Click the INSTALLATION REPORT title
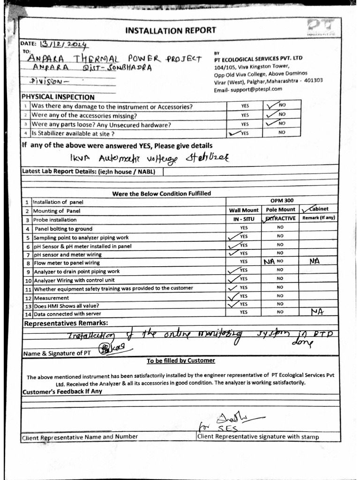170,30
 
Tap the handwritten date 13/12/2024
64,45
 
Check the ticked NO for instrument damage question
277,106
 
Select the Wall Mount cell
243,210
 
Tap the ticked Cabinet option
315,209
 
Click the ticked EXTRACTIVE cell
279,218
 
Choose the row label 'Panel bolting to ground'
63,229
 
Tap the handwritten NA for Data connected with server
317,311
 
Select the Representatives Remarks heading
66,323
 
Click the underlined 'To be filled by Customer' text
180,360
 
